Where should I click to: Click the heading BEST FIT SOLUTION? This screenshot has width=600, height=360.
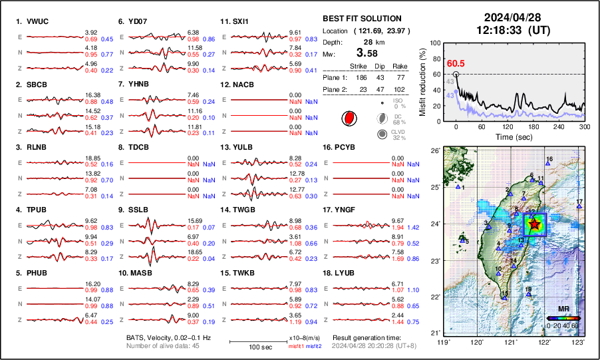pyautogui.click(x=362, y=19)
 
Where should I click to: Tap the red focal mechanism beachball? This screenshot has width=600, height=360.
pyautogui.click(x=347, y=118)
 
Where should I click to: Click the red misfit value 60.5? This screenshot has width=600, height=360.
pyautogui.click(x=456, y=63)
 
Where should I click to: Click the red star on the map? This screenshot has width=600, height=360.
pyautogui.click(x=535, y=225)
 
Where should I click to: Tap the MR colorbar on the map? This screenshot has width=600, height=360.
pyautogui.click(x=563, y=318)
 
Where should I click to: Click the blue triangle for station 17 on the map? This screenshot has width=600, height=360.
pyautogui.click(x=579, y=207)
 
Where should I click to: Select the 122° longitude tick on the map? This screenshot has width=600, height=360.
pyautogui.click(x=544, y=342)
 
